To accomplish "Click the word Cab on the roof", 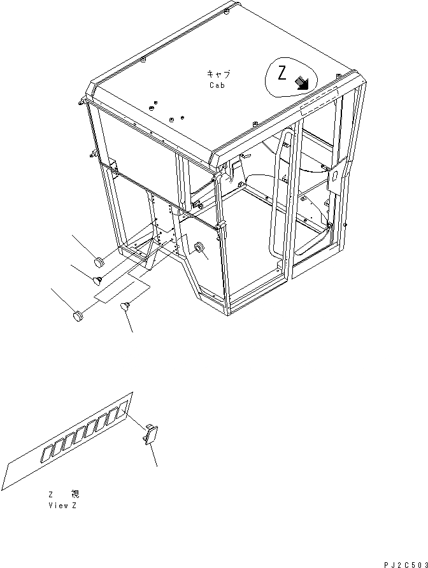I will [217, 85].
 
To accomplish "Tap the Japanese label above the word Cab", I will [217, 75].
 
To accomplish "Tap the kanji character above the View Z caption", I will [76, 494].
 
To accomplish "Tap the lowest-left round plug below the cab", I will [78, 315].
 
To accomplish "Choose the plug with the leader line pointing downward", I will [125, 308].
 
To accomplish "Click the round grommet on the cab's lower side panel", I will [198, 248].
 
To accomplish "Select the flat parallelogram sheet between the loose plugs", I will [122, 290].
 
